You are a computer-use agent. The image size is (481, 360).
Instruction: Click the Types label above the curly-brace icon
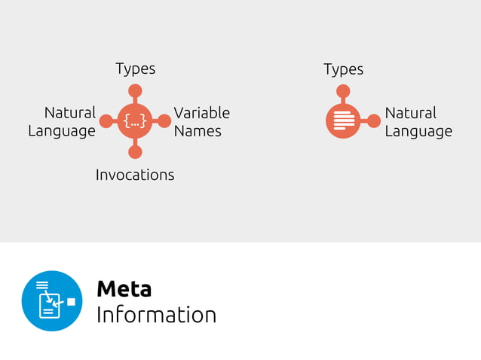point(136,69)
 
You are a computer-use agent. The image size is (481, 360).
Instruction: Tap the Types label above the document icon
point(343,69)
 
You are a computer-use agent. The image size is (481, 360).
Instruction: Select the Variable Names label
point(201,122)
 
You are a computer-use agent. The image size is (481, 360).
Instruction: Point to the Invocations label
point(135,175)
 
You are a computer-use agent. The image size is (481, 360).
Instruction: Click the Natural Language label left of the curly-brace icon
point(62,122)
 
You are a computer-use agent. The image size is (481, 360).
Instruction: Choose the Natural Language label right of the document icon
point(418,122)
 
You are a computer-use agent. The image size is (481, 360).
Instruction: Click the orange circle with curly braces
point(135,121)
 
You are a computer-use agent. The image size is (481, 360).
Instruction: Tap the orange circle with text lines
point(343,121)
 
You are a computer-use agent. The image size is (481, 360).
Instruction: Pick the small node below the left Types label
point(135,91)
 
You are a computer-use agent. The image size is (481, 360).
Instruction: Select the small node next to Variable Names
point(164,121)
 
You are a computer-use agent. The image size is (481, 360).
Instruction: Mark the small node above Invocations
point(135,151)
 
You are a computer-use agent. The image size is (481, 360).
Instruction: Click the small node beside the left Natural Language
point(106,121)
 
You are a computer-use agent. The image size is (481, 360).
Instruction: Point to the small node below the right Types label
point(343,91)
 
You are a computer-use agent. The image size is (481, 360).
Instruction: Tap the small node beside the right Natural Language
point(373,121)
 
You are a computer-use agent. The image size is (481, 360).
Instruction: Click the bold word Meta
point(124,289)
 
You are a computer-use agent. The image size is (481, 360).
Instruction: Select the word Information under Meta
point(156,315)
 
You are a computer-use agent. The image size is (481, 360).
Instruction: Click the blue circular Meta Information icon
point(52,301)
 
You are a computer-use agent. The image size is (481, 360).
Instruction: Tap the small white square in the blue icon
point(71,302)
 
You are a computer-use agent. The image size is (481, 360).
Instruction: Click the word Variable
point(201,113)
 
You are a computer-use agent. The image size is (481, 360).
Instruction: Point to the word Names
point(198,131)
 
